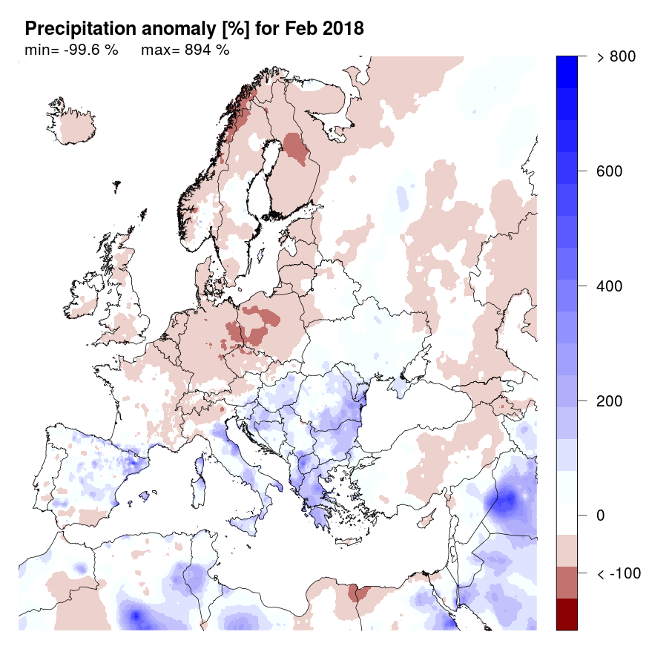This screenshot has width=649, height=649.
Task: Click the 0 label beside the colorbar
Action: [x=602, y=515]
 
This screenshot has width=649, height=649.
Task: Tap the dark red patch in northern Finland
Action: [x=296, y=148]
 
